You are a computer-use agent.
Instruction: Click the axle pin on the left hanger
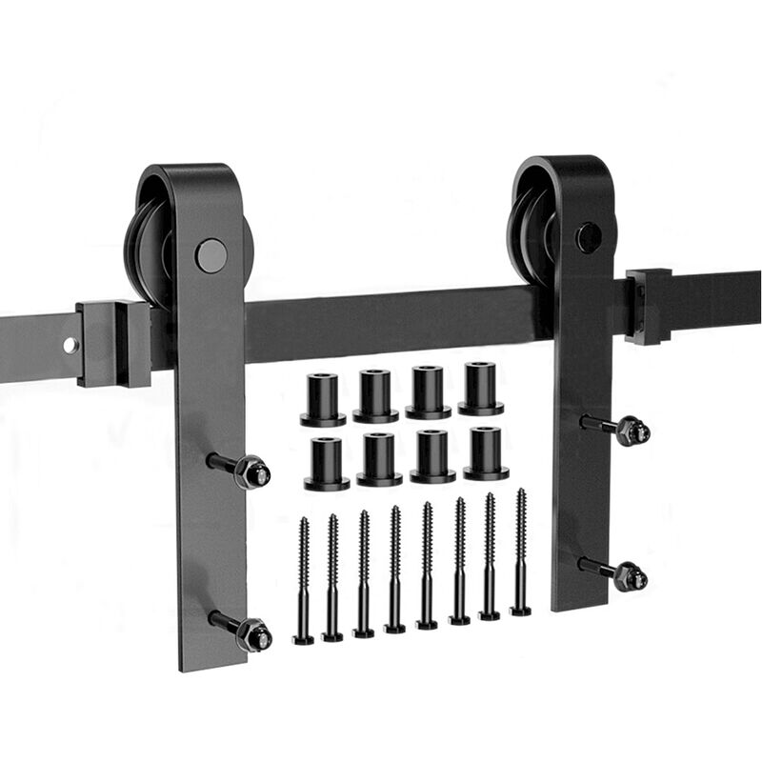tap(211, 255)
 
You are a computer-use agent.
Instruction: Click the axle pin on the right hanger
tap(588, 236)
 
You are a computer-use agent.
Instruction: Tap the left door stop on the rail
tap(114, 342)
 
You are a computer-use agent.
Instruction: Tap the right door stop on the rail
tap(649, 306)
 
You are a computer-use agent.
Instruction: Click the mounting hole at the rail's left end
tap(70, 345)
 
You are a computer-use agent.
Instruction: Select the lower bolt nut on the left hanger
tap(254, 633)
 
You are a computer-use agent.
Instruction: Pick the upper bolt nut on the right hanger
tap(632, 431)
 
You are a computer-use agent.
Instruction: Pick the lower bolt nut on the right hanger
tap(630, 576)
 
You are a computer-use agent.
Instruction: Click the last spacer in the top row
tap(480, 389)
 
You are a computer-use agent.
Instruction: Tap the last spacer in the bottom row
tap(486, 453)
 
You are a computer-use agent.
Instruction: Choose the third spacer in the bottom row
tap(432, 456)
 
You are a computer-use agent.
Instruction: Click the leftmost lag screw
tap(303, 581)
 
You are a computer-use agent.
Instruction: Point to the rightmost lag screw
tap(521, 552)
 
